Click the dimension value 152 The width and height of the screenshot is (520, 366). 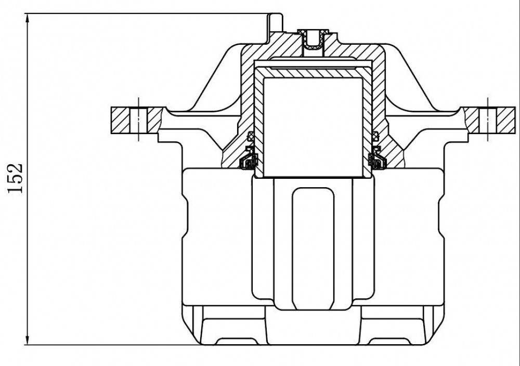point(15,178)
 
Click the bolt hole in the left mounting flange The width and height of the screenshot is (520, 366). point(139,120)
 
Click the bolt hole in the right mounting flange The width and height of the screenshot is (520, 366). point(488,120)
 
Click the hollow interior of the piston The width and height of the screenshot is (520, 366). point(313,126)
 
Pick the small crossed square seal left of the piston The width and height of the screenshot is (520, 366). point(251,135)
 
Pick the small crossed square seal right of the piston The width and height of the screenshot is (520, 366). point(375,135)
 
